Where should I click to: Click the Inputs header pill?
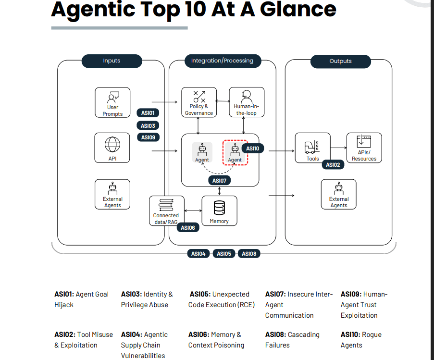click(112, 61)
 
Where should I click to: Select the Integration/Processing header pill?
click(222, 61)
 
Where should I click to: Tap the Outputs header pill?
click(340, 61)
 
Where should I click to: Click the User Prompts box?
click(112, 102)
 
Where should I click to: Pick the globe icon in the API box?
click(112, 145)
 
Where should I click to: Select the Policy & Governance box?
click(199, 102)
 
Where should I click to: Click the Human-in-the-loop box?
click(247, 102)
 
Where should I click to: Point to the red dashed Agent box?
click(235, 152)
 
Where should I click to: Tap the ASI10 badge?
click(253, 149)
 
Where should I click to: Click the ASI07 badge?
click(219, 181)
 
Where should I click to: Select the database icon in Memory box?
click(219, 208)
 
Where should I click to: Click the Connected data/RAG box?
click(166, 211)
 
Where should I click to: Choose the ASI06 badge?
click(188, 228)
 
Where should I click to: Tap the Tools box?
click(313, 148)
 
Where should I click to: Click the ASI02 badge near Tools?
click(333, 165)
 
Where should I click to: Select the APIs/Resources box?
click(364, 148)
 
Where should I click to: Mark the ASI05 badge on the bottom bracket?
click(224, 254)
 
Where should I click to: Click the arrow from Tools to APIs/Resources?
click(338, 148)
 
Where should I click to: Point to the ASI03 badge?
click(148, 126)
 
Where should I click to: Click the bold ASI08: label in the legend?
click(275, 335)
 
